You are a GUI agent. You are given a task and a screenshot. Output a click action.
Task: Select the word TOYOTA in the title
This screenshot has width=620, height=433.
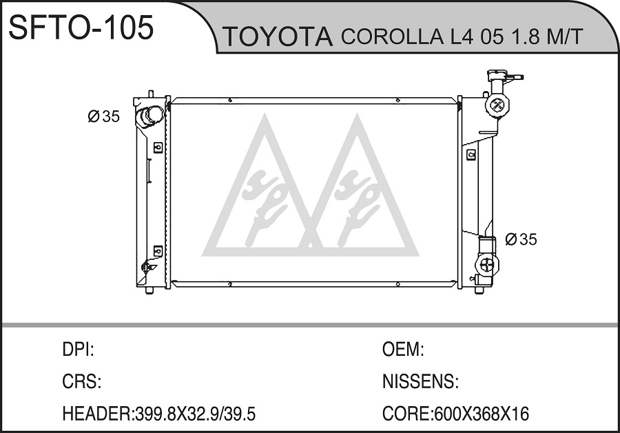[x=278, y=37]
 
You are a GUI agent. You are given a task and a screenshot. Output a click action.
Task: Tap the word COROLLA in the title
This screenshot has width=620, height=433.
[x=391, y=37]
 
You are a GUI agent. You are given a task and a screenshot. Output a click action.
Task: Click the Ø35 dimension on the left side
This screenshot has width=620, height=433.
[x=103, y=117]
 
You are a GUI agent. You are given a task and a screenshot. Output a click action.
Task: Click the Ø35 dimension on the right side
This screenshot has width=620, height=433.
[x=521, y=239]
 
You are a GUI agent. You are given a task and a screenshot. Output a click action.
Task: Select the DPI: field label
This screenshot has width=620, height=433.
[x=78, y=350]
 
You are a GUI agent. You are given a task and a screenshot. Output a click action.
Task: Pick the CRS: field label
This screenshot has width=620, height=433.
[x=81, y=382]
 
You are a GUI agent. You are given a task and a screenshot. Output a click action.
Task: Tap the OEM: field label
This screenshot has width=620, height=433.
[x=403, y=350]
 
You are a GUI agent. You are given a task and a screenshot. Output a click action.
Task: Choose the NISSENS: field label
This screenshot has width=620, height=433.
[x=420, y=382]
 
